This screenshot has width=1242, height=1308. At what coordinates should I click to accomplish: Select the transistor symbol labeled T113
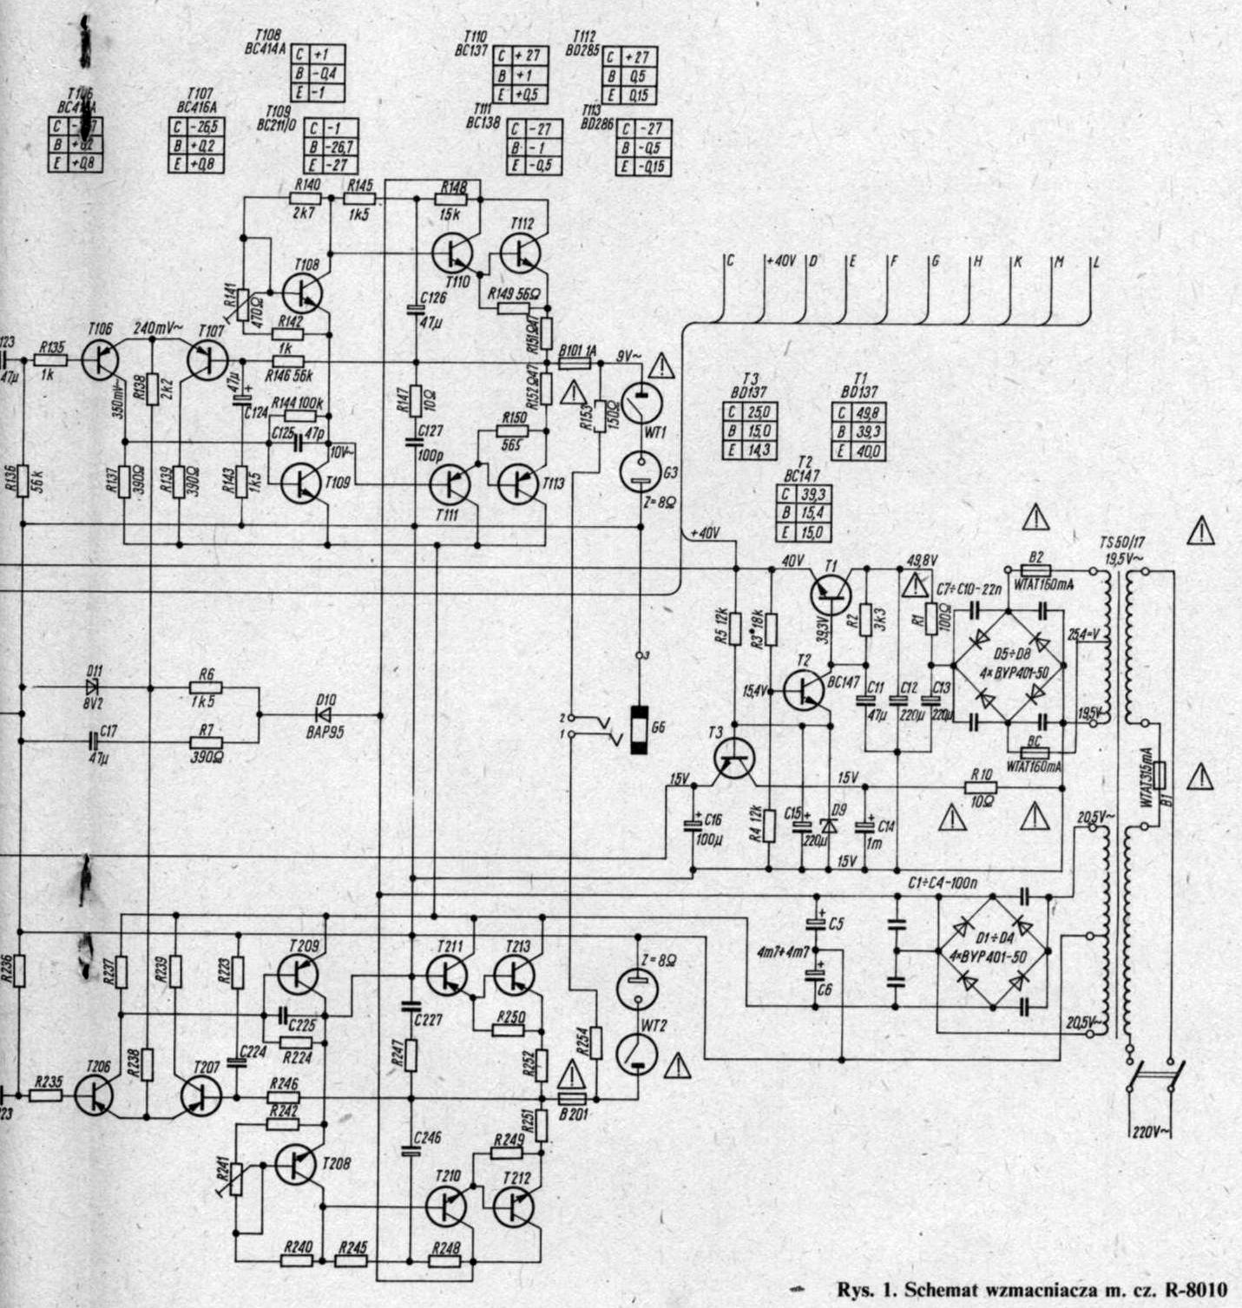point(519,484)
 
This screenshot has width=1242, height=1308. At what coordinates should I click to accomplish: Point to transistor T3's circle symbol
point(734,758)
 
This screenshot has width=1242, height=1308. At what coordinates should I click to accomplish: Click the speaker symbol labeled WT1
point(641,404)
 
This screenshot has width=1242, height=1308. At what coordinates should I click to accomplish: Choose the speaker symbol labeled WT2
point(637,1053)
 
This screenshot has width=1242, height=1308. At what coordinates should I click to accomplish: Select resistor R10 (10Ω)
point(982,787)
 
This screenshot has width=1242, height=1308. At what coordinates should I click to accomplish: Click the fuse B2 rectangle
point(1035,570)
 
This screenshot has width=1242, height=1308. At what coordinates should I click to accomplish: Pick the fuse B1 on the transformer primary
point(1158,775)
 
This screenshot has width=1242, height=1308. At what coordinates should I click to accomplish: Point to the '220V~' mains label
point(1151,1130)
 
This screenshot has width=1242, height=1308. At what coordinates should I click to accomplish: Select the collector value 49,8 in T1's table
point(867,414)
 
